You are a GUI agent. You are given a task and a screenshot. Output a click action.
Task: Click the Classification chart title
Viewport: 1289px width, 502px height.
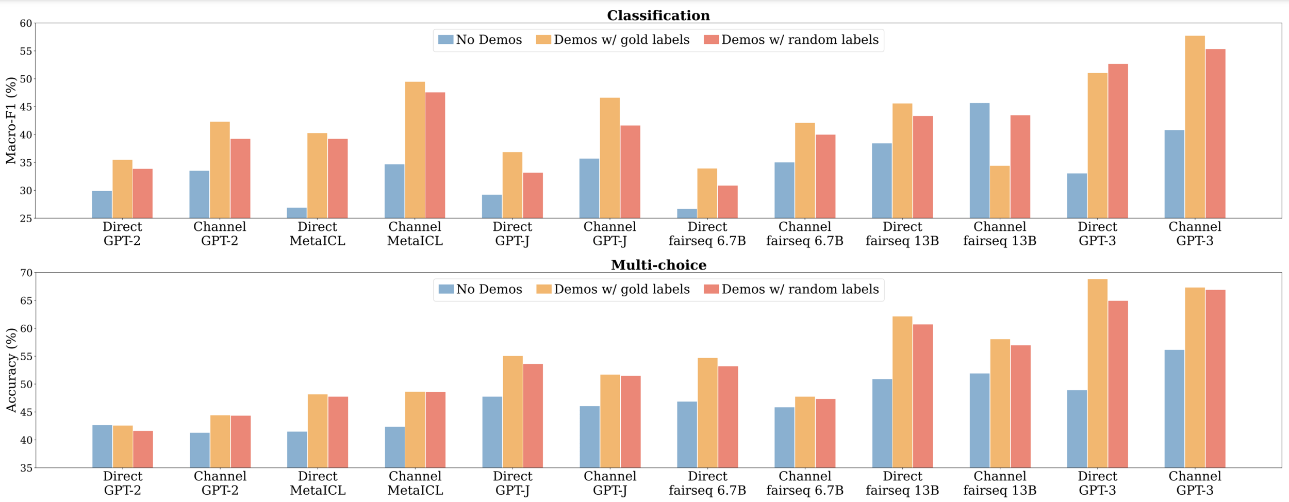[658, 15]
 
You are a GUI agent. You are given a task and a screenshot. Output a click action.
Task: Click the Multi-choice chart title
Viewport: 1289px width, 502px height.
[658, 265]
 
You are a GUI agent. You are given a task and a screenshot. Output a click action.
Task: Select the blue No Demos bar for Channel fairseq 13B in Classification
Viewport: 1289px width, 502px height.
[979, 161]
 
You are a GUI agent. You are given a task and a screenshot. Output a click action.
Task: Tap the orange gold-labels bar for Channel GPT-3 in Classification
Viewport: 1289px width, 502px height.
[1195, 127]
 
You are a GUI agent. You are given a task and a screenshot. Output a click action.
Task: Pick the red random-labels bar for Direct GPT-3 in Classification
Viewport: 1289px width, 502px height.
[1118, 141]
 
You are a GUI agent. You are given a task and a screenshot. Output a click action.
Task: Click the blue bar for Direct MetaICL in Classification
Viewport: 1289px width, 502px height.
[296, 213]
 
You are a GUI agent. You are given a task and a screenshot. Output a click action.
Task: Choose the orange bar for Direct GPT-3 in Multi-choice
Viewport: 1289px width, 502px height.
[1097, 374]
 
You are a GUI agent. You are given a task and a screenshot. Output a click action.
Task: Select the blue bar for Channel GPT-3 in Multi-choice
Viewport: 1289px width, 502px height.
[1174, 409]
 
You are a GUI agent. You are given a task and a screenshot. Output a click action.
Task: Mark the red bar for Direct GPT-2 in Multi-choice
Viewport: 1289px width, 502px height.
[143, 449]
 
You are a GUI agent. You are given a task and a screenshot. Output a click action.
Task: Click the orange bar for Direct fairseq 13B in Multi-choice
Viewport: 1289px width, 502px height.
[902, 392]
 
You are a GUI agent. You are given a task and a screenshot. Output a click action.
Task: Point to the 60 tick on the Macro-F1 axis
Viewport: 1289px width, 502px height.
[26, 23]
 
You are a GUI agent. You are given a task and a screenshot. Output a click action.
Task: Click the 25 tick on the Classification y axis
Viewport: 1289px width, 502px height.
[26, 219]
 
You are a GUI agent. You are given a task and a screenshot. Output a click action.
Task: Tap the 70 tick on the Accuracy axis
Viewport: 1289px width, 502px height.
[26, 273]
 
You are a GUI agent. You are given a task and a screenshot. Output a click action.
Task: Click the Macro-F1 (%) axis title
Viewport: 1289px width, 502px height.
[11, 121]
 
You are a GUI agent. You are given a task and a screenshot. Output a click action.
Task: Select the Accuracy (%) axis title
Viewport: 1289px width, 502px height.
[11, 370]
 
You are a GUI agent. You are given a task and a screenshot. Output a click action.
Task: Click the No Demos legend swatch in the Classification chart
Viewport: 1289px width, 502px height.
[445, 40]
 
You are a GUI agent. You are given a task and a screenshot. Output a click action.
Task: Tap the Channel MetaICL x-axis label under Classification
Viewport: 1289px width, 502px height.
[415, 233]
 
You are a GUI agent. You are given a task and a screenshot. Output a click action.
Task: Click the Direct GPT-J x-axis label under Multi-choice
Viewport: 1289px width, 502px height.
[512, 483]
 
